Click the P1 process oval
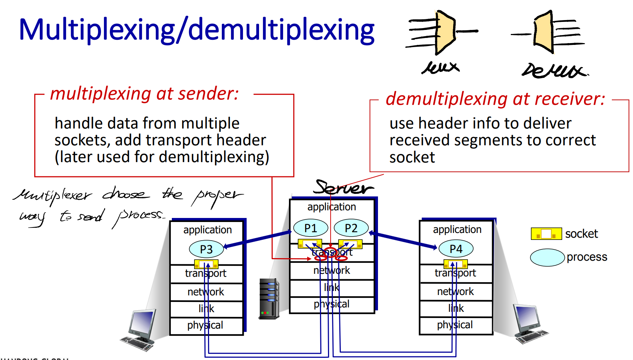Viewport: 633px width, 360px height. [310, 228]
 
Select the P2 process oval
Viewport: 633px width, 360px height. [351, 228]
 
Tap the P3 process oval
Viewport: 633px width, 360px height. [206, 249]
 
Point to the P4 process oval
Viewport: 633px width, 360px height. [456, 249]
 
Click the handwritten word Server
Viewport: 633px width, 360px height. [343, 188]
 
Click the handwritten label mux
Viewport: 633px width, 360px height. [441, 68]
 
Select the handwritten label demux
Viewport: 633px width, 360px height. [555, 70]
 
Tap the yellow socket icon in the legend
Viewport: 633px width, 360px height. [546, 234]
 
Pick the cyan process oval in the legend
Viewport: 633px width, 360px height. [547, 257]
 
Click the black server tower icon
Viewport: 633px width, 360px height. [269, 299]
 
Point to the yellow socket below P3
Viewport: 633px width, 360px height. [206, 264]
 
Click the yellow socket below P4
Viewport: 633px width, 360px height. [456, 263]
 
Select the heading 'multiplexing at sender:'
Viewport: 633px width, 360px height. [144, 93]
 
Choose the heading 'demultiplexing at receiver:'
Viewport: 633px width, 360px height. [495, 99]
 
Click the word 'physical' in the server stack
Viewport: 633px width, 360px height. [332, 304]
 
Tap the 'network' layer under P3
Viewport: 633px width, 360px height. [206, 292]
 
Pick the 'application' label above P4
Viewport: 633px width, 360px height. [457, 229]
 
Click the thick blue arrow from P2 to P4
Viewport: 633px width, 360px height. [403, 240]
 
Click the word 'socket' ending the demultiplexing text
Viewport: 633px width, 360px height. [412, 157]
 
